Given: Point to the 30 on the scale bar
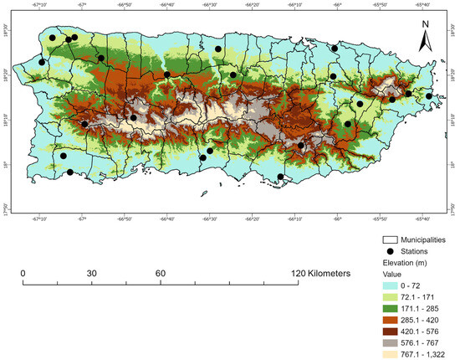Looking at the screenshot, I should click(91, 274).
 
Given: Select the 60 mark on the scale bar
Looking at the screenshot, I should click(160, 274).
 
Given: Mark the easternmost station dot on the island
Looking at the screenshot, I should click(429, 96).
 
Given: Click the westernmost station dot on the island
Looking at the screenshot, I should click(42, 62).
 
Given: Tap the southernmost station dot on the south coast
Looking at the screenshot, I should click(281, 177).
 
